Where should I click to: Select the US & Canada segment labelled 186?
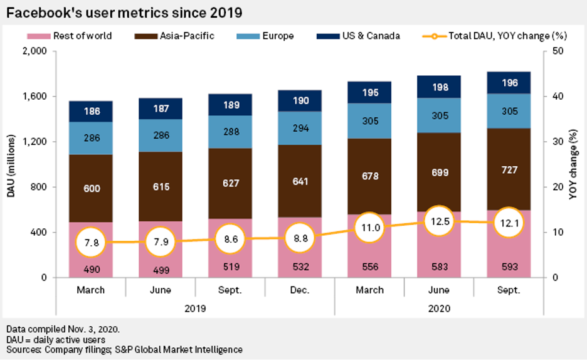click(x=90, y=111)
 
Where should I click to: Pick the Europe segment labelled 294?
click(x=300, y=128)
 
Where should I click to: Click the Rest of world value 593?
click(x=509, y=266)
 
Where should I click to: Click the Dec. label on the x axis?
click(x=300, y=290)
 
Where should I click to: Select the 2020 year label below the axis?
click(x=439, y=309)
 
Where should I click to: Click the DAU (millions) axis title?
click(x=11, y=164)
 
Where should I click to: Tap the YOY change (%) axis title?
click(x=573, y=164)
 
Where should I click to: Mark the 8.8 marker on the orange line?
click(x=300, y=238)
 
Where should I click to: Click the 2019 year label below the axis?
click(x=195, y=309)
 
